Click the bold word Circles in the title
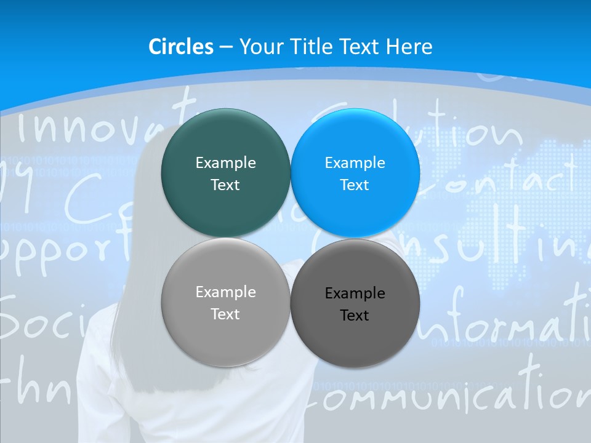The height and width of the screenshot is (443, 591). point(181,47)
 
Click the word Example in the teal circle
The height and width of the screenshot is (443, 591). point(225,163)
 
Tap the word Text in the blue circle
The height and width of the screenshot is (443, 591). point(355,185)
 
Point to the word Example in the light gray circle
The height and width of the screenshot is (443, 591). point(225,292)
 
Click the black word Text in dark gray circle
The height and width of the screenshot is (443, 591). point(355,316)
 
